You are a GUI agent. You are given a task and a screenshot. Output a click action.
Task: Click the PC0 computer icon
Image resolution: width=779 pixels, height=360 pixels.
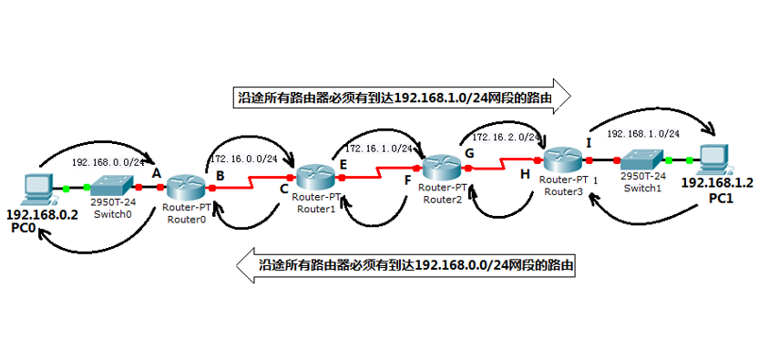pos(36,188)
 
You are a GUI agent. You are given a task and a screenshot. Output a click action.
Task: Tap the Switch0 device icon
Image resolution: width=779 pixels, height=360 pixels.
pos(111,188)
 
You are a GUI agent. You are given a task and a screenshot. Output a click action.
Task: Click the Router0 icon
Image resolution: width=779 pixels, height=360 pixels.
pos(187,188)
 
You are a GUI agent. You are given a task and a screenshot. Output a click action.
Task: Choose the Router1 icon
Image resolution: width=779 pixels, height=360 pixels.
pos(316,177)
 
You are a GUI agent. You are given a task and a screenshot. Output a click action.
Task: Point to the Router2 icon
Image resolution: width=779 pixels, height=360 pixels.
pos(442,168)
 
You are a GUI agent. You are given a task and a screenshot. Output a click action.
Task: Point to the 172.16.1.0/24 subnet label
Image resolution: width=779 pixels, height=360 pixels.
pos(379,147)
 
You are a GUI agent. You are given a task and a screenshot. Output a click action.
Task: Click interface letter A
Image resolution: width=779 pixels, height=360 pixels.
pos(156,172)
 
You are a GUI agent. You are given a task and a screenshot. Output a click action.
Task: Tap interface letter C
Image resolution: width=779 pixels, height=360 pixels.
pos(284,190)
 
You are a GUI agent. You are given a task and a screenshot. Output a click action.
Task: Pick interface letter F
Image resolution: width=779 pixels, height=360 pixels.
pos(407,180)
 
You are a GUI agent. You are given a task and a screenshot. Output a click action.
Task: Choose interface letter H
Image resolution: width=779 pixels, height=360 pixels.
pos(525,173)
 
